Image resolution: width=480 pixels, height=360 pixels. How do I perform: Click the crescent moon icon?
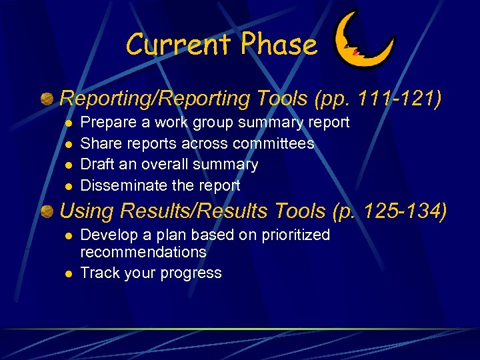click(x=363, y=41)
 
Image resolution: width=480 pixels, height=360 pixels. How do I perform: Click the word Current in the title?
click(x=179, y=45)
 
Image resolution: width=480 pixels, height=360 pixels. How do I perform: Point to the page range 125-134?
click(x=406, y=211)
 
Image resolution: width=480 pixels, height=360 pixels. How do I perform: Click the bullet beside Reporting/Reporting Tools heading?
click(x=47, y=99)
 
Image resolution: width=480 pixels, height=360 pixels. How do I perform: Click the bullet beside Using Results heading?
click(x=47, y=211)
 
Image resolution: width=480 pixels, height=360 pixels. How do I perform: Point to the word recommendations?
click(x=143, y=252)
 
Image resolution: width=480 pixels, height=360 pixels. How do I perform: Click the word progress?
click(x=194, y=273)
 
